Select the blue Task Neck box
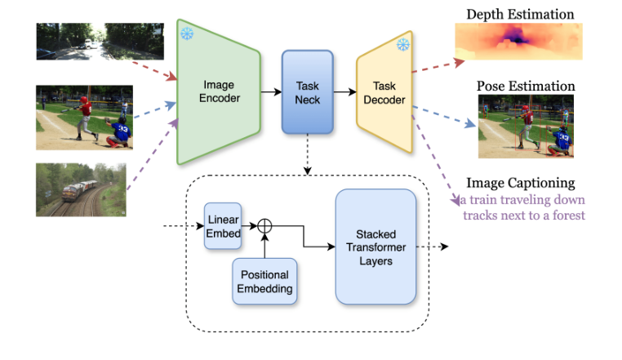pos(308,92)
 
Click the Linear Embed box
pos(223,226)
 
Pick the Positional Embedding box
pos(263,282)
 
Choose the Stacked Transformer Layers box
pos(375,247)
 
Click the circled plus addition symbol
pos(264,226)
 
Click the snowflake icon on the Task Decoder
pos(402,44)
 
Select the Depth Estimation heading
pos(520,14)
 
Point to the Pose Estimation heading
pos(526,86)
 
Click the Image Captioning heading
pos(520,183)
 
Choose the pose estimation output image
pos(525,126)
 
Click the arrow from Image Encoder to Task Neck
pos(271,92)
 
